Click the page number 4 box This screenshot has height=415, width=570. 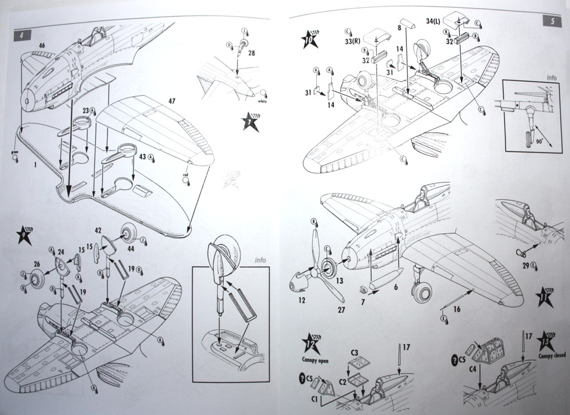pyautogui.click(x=21, y=35)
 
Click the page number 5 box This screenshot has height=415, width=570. pyautogui.click(x=551, y=22)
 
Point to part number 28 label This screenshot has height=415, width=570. pyautogui.click(x=251, y=53)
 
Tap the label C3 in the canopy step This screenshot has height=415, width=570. pyautogui.click(x=354, y=353)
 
